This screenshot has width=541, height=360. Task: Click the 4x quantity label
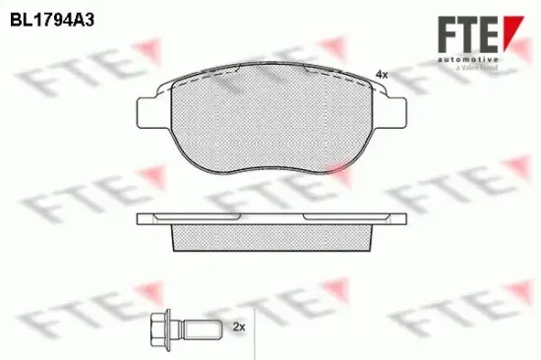click(x=382, y=75)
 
